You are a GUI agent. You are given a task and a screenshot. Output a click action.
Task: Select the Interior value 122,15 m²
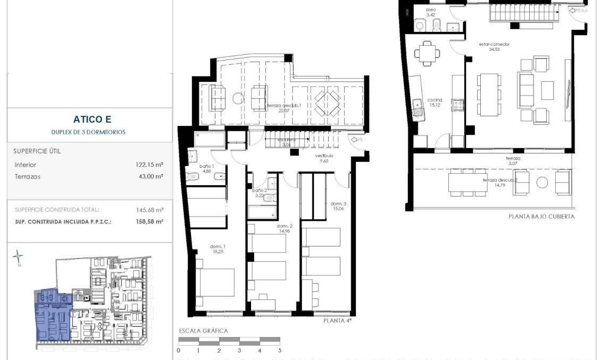(x=149, y=165)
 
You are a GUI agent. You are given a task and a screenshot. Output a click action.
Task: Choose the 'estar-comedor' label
(x=495, y=45)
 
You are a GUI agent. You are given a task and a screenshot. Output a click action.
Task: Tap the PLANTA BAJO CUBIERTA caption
(x=541, y=217)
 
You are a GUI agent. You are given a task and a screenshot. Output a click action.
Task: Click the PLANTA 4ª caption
(x=338, y=321)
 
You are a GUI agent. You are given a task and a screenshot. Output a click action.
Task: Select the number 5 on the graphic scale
(x=280, y=350)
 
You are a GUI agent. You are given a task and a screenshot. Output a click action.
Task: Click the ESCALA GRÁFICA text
(x=203, y=331)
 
